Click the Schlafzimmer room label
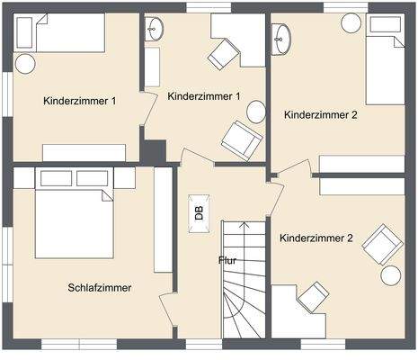coord(100,288)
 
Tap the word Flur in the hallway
coord(228,261)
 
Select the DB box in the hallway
coord(198,213)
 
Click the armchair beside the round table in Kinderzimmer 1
coord(241,139)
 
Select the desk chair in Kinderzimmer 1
coord(221,56)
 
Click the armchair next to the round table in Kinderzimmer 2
coord(384,243)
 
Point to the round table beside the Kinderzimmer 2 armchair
coord(391,275)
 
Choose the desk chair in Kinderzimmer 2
coord(314,294)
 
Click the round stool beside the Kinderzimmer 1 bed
coord(25,63)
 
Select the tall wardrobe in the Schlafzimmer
coord(163,220)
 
